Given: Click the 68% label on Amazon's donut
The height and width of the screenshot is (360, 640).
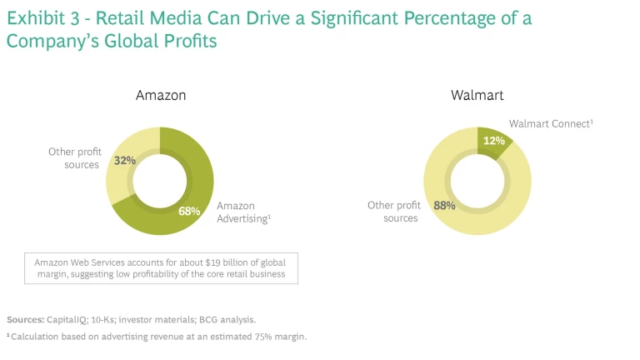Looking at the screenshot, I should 189,211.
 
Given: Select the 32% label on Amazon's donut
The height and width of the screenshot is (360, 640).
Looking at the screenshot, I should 125,161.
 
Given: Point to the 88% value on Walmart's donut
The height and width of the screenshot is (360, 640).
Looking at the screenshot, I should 444,205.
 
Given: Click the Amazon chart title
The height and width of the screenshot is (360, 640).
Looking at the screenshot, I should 161,95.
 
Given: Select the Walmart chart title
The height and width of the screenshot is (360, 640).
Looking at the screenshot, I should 477,95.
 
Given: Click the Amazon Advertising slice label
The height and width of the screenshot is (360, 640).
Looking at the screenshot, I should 243,212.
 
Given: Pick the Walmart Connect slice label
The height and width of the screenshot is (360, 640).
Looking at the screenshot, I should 551,123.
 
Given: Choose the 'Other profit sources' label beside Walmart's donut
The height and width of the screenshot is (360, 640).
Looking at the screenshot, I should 395,212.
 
